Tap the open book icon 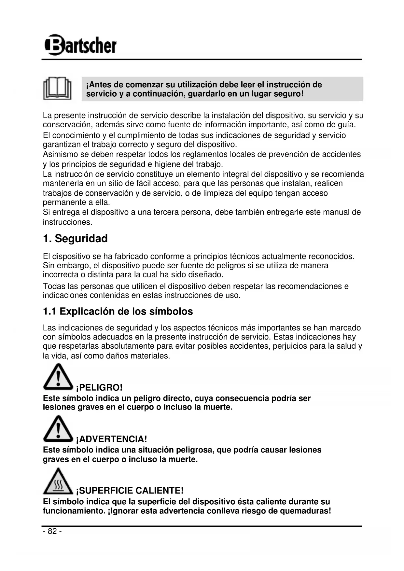tap(57, 89)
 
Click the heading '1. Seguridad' tap(75, 239)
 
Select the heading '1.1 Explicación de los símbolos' tap(118, 312)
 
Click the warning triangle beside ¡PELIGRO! tap(58, 377)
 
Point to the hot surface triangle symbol tap(58, 481)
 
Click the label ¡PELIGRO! tap(99, 388)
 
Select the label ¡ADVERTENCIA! tap(111, 439)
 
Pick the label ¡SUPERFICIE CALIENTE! tap(130, 491)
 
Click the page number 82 tap(52, 531)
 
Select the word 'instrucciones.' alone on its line tap(68, 222)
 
